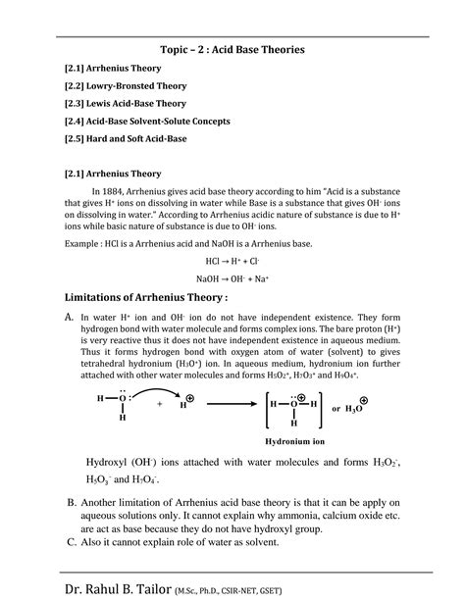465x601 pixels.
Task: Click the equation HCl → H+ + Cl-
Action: pos(232,262)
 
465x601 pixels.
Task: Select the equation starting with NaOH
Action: pos(232,278)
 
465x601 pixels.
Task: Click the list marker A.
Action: pos(70,318)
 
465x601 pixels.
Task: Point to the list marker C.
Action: pos(72,540)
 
